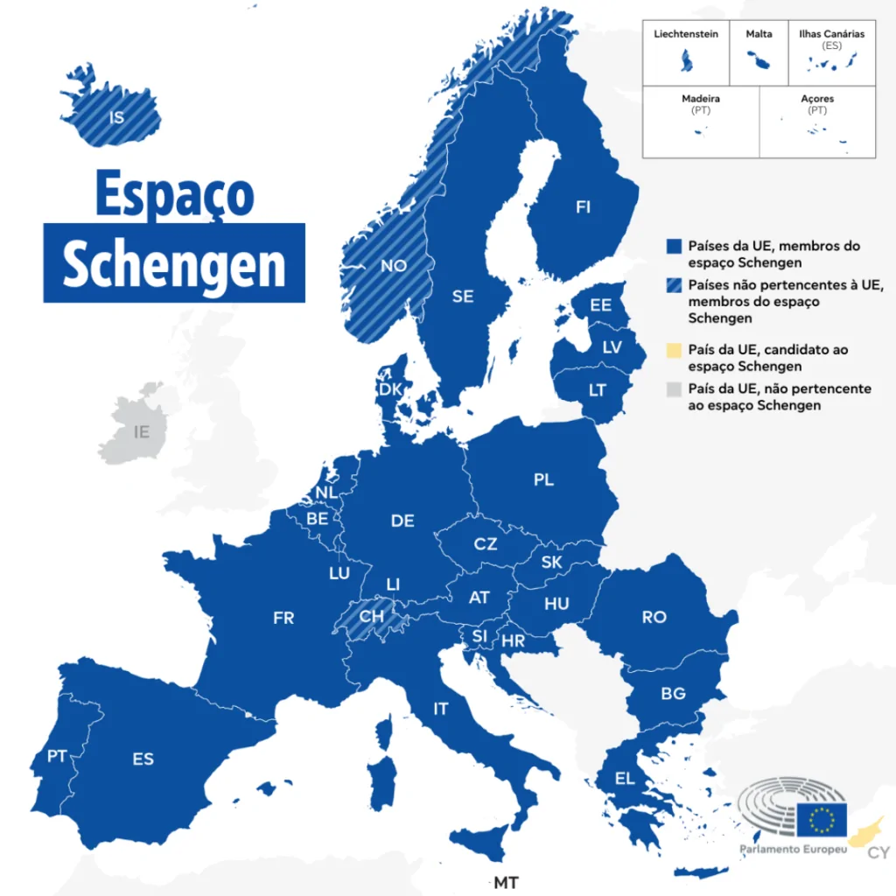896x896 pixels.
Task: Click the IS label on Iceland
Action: (x=117, y=116)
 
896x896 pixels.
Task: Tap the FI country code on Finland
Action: (x=583, y=207)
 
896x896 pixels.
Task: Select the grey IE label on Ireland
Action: (x=142, y=431)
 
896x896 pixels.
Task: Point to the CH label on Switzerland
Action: (x=371, y=616)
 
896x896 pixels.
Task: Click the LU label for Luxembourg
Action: (x=339, y=574)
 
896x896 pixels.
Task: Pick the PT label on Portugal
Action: (x=58, y=756)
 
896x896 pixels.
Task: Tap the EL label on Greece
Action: (x=625, y=779)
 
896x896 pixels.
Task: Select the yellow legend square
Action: (x=673, y=350)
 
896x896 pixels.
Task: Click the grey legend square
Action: (x=673, y=388)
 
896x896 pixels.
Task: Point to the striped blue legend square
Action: (x=673, y=285)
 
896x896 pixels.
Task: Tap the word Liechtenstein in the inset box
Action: (x=686, y=34)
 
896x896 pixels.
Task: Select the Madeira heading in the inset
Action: (x=700, y=99)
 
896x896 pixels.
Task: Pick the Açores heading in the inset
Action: (x=817, y=99)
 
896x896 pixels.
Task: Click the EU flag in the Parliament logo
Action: (x=821, y=819)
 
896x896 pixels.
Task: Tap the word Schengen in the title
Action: (x=174, y=262)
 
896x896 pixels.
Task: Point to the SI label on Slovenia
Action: (x=479, y=635)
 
